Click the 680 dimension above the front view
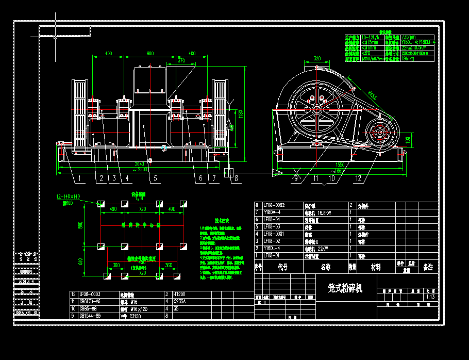[x=150, y=54]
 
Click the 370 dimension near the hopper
[x=181, y=61]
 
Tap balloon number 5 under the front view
[x=155, y=179]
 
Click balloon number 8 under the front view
[x=236, y=179]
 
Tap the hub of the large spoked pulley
[x=316, y=109]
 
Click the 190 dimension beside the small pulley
[x=408, y=140]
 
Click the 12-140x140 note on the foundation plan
[x=69, y=197]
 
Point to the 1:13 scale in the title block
[x=430, y=297]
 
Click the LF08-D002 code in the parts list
[x=275, y=205]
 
